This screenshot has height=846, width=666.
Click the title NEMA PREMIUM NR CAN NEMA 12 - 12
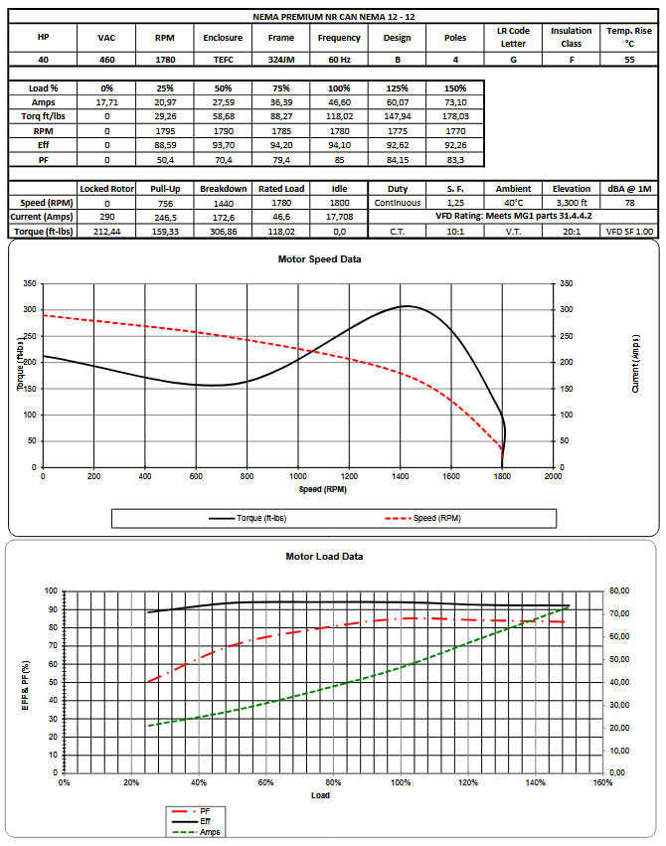point(332,17)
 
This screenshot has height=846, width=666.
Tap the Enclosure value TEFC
point(222,59)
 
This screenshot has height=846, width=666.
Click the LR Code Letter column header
point(514,37)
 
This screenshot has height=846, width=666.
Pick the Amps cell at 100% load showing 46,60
point(340,102)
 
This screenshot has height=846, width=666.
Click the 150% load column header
point(456,88)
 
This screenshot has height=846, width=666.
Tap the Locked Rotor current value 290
point(107,216)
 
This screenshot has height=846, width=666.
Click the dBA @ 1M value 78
point(629,202)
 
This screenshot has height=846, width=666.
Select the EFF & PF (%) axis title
point(26,684)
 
